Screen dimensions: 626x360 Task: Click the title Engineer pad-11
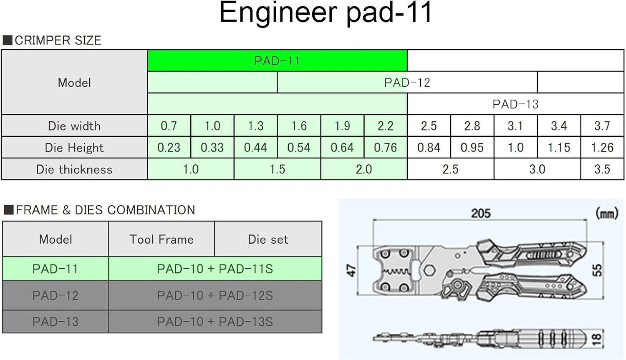click(x=326, y=13)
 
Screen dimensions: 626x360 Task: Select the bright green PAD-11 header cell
click(x=277, y=60)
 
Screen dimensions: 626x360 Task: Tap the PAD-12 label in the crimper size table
click(x=407, y=83)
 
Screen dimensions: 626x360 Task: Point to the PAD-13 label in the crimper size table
click(x=515, y=104)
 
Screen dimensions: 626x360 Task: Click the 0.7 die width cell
click(x=169, y=126)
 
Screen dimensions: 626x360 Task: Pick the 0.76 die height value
click(x=385, y=148)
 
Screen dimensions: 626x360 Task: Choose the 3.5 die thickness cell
click(x=602, y=169)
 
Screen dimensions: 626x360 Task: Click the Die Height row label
click(x=74, y=148)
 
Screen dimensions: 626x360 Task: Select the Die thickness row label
click(x=74, y=169)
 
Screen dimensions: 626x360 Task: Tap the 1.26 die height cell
click(x=602, y=148)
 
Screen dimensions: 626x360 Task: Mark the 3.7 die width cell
click(x=602, y=126)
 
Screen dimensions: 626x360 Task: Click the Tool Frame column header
click(x=162, y=239)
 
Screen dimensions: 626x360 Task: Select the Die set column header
click(x=268, y=239)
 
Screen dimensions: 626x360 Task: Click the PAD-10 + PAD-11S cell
click(x=215, y=269)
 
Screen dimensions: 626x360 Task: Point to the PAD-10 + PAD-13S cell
click(x=215, y=322)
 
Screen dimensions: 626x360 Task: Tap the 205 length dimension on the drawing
click(x=481, y=214)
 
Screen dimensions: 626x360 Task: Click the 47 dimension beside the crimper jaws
click(x=351, y=271)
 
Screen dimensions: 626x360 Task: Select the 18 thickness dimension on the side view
click(x=597, y=339)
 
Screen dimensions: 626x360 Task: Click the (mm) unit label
click(x=607, y=214)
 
